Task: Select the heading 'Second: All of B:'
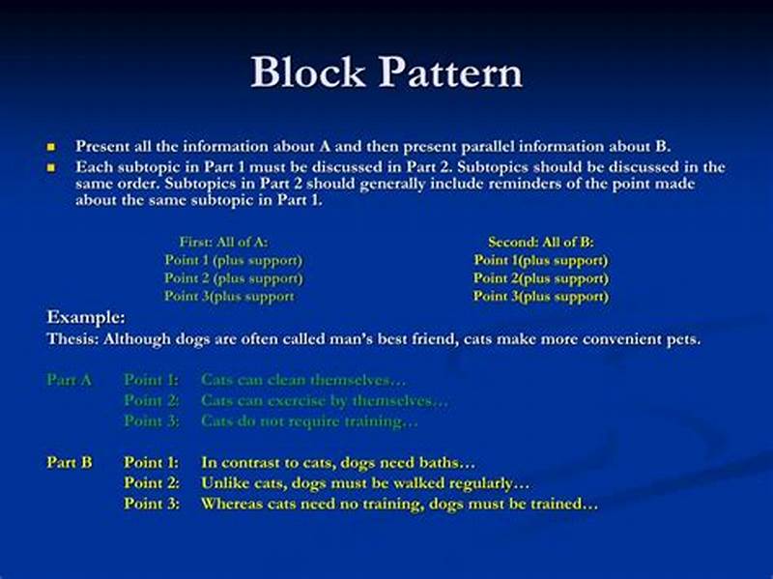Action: point(540,242)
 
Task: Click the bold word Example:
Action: point(86,317)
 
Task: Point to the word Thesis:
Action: point(72,339)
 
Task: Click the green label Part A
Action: point(70,380)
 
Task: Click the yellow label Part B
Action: point(70,463)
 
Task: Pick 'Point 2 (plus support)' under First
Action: point(233,278)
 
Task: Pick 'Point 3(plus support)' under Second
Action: point(540,297)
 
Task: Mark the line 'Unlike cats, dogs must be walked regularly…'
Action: point(365,483)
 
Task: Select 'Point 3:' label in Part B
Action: point(152,504)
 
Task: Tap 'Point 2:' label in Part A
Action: point(152,400)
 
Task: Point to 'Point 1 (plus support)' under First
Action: point(233,260)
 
